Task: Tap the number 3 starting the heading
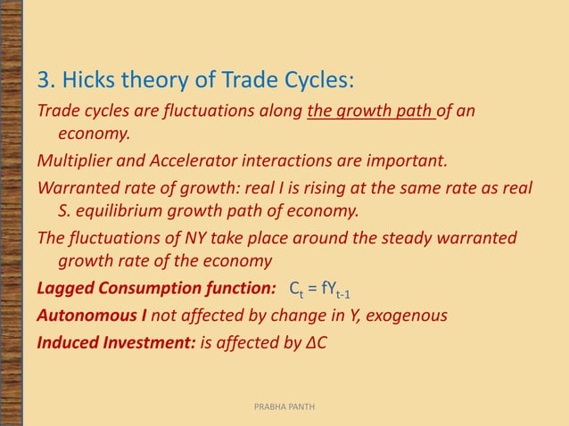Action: [43, 82]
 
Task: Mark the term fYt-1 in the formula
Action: [342, 291]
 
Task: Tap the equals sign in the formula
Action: [312, 290]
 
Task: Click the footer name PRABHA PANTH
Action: [284, 406]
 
